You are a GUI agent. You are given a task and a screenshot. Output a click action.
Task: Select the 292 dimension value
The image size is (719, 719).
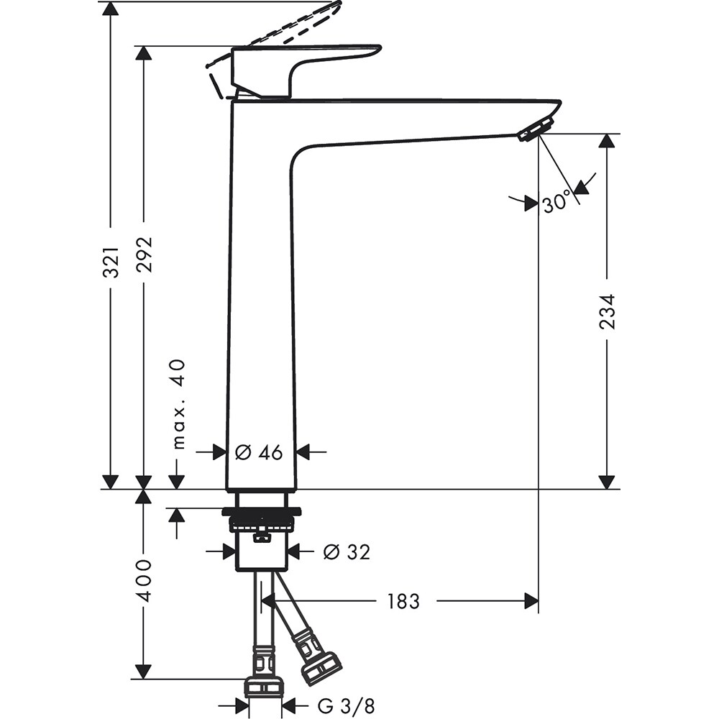144,254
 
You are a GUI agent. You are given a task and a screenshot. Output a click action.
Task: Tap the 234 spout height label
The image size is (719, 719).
608,311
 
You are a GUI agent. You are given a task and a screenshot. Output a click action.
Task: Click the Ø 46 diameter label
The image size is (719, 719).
259,452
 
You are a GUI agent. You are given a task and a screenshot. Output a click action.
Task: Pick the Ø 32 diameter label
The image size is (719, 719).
346,552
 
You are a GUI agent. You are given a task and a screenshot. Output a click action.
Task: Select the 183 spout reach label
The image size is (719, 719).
403,601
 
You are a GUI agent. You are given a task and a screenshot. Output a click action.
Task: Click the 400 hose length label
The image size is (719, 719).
144,580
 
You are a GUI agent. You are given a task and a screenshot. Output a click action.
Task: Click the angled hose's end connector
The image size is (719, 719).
320,668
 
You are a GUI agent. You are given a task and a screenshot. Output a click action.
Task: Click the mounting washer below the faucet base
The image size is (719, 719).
260,513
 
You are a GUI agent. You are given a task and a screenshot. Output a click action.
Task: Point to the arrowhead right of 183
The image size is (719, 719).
531,601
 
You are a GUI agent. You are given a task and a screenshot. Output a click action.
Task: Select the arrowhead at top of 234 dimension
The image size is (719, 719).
608,141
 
